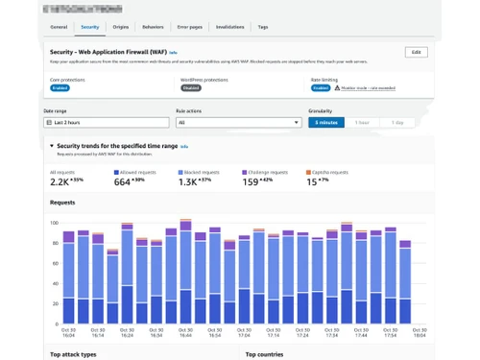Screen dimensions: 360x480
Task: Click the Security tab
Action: pos(89,28)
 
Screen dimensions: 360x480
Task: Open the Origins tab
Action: pos(120,28)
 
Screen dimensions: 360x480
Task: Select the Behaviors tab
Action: pos(152,28)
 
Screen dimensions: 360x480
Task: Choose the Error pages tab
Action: pos(189,28)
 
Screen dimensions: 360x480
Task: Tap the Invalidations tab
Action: pos(229,28)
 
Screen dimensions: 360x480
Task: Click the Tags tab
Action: pos(263,28)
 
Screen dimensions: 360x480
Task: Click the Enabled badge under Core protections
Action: pos(60,87)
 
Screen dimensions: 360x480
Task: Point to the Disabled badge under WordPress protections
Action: pos(190,87)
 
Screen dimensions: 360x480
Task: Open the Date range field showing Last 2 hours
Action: pos(106,123)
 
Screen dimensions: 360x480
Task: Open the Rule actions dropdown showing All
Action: pos(238,123)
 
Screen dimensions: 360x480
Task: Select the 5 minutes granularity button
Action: pos(325,123)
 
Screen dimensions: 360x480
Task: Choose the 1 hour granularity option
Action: pos(362,123)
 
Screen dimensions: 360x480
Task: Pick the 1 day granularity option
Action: pos(397,123)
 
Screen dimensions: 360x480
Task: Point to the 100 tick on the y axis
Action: pos(55,222)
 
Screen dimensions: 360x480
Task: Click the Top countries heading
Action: pos(264,354)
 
